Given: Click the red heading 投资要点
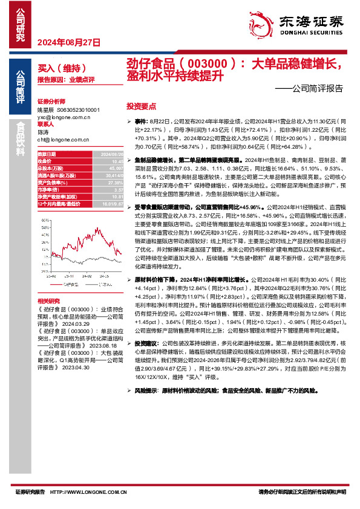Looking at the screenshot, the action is [140, 105].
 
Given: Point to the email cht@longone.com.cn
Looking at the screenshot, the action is [63, 139].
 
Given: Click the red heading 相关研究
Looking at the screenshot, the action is [48, 300].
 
